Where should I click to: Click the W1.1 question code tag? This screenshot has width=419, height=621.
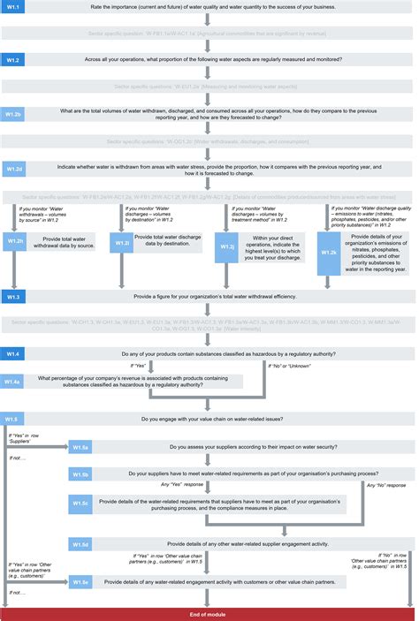[16, 9]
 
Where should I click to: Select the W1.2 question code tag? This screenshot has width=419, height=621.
[16, 60]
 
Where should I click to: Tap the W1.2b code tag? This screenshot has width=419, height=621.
[16, 115]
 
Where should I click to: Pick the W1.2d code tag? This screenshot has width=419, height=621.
[16, 168]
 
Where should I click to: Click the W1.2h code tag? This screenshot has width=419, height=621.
[16, 240]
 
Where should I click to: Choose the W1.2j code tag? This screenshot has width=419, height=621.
[227, 247]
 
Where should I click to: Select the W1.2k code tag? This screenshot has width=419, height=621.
[329, 253]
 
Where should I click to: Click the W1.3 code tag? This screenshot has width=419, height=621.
[16, 296]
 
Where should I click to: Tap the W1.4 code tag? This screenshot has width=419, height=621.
[16, 353]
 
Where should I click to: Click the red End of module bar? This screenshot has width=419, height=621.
[209, 613]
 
